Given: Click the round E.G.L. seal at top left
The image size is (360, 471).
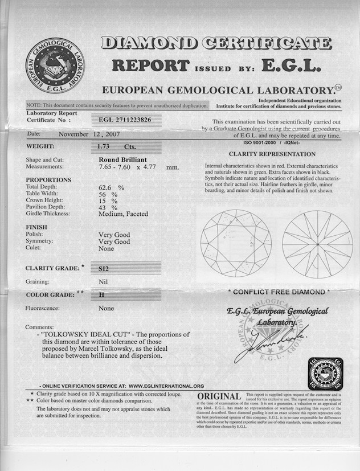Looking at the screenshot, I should pyautogui.click(x=54, y=66).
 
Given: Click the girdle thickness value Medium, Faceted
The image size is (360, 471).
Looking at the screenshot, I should pyautogui.click(x=123, y=214).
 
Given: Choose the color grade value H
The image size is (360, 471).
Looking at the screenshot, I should pyautogui.click(x=101, y=295).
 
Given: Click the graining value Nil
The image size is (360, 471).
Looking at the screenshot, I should pyautogui.click(x=103, y=281).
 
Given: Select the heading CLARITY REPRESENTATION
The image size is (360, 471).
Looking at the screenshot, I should pyautogui.click(x=272, y=154).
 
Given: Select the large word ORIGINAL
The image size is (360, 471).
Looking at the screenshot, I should pyautogui.click(x=219, y=396).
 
